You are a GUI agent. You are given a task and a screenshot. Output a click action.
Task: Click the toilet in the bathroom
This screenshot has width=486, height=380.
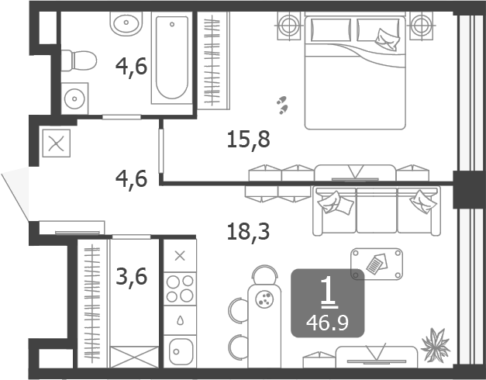point(79,60)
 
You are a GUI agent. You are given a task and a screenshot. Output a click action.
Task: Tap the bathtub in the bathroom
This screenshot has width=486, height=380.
point(172,57)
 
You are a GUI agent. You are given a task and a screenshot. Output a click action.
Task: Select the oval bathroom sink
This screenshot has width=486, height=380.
point(126,23)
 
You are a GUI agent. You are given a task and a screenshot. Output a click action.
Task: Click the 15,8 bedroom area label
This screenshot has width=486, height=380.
point(248,140)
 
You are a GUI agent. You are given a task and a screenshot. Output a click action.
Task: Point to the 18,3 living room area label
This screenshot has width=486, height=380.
point(248,231)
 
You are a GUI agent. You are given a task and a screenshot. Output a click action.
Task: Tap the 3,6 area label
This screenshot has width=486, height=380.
point(131,276)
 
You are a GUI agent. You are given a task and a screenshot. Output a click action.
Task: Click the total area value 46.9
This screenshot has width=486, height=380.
point(327,323)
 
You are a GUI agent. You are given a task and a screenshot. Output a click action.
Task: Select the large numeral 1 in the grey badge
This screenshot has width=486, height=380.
point(329,292)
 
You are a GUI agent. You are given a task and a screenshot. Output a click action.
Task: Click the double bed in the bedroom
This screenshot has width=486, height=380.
point(355,71)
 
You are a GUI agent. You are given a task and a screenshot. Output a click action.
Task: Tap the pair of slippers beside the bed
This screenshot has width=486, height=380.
point(282,105)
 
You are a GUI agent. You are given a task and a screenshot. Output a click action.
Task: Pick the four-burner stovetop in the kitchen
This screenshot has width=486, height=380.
point(180,288)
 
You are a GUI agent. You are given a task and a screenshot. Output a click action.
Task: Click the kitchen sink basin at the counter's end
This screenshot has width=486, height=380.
point(180,351)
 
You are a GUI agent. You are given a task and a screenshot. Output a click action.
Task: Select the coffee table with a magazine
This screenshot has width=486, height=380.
point(377,264)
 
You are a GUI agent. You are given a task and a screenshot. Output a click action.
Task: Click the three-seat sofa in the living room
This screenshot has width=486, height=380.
point(377,211)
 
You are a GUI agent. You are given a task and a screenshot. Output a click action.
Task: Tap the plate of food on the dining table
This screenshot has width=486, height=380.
point(264,299)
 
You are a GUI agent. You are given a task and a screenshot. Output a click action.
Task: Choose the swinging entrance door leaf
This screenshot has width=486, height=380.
point(16,194)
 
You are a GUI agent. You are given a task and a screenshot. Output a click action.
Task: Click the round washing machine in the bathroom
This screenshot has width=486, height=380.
point(74,98)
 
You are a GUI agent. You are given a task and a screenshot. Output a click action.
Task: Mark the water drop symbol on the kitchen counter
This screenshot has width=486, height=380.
point(180,320)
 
